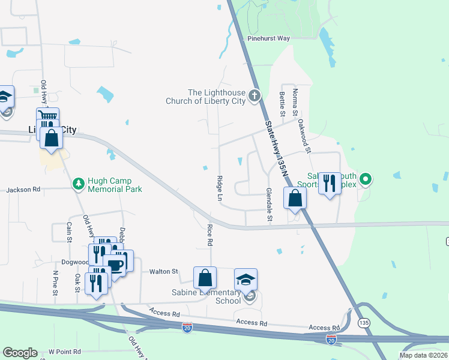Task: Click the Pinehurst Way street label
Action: tap(268, 38)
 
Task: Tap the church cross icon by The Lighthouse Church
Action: tap(255, 95)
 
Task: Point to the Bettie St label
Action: tap(281, 104)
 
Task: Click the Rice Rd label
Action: tap(210, 235)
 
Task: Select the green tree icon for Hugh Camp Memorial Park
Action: tap(78, 182)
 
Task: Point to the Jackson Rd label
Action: tap(23, 190)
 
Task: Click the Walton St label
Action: tap(164, 272)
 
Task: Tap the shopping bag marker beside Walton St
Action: tap(205, 278)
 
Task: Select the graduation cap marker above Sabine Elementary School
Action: tap(246, 280)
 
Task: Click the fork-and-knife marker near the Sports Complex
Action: tap(329, 183)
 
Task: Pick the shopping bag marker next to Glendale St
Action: tap(295, 199)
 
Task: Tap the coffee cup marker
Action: tap(115, 265)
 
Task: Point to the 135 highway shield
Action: tap(364, 322)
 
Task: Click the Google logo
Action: tap(20, 353)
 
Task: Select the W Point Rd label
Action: tap(68, 352)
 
